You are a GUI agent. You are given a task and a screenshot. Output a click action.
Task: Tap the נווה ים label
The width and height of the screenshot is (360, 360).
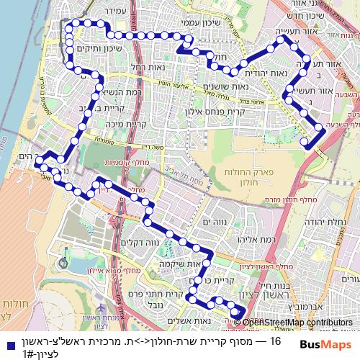click(x=218, y=225)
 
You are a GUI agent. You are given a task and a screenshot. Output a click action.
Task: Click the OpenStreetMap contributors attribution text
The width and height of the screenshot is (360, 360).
click(x=297, y=323)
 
